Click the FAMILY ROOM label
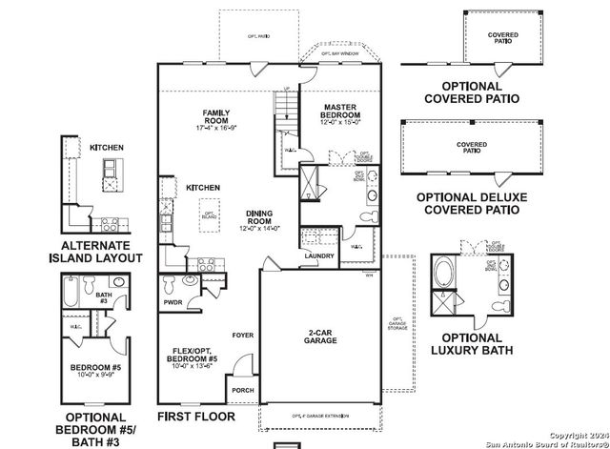[x=213, y=120]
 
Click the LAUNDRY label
[x=318, y=255]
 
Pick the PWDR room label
[x=173, y=302]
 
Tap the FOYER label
[x=242, y=335]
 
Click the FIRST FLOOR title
[x=197, y=418]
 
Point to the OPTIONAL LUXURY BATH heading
[x=471, y=344]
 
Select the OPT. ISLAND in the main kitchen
[x=207, y=214]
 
